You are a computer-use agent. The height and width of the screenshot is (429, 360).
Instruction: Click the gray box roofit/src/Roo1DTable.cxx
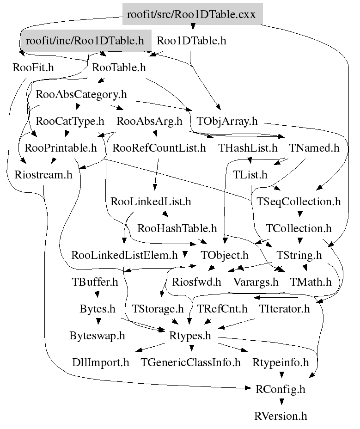[x=192, y=14]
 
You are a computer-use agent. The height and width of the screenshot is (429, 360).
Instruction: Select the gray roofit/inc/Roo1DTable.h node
[x=85, y=41]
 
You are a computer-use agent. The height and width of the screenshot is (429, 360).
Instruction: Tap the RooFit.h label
[x=33, y=67]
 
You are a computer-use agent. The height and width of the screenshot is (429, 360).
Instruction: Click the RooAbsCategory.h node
[x=81, y=95]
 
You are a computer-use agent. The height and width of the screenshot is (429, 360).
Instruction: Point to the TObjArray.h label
[x=227, y=122]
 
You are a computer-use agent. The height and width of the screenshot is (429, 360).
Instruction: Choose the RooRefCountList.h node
[x=159, y=148]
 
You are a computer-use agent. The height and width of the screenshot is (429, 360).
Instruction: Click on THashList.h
[x=248, y=148]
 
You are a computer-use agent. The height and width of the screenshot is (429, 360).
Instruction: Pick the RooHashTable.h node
[x=177, y=228]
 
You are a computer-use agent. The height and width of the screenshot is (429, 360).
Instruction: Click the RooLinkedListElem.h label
[x=124, y=255]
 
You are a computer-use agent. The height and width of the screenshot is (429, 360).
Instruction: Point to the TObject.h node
[x=225, y=255]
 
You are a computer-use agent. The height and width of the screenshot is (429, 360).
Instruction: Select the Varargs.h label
[x=256, y=282]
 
